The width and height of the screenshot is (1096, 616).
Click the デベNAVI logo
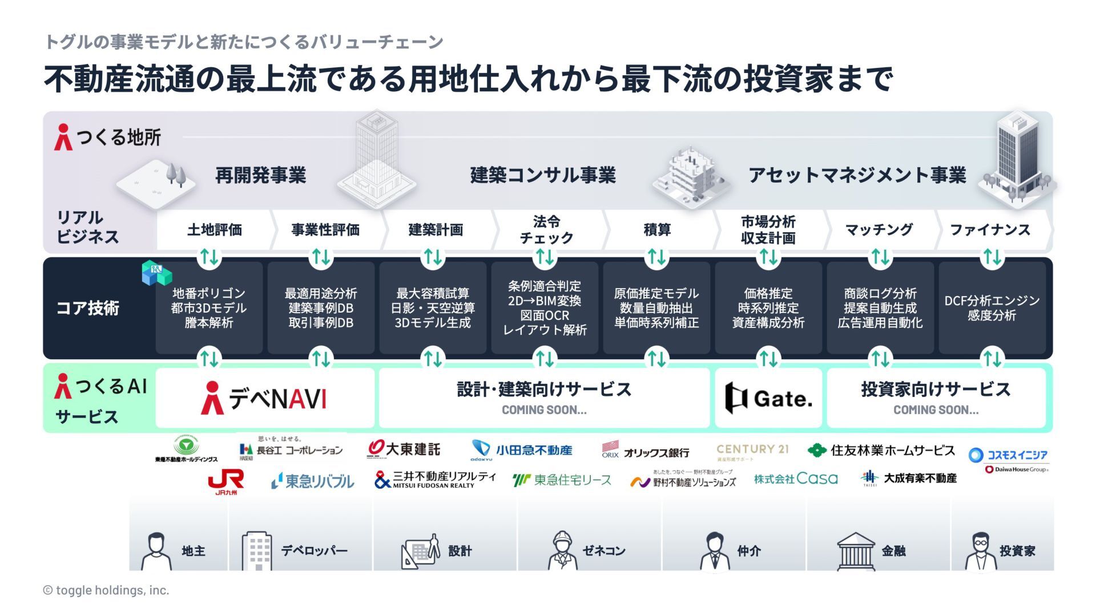[x=264, y=398]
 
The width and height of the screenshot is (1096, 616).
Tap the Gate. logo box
[x=768, y=398]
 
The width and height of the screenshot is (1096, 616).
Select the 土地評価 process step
[x=215, y=230]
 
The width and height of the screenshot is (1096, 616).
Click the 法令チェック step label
[x=546, y=230]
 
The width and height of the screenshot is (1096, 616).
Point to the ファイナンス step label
[x=990, y=230]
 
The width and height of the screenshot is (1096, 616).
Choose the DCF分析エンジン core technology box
[x=992, y=308]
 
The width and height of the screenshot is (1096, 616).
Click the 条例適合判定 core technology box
[x=545, y=308]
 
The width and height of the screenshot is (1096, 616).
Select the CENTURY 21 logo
[x=752, y=451]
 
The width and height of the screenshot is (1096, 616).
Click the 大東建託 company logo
[x=404, y=449]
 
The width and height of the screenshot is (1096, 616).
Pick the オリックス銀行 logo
[x=646, y=451]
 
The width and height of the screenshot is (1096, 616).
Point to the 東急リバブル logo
[x=312, y=481]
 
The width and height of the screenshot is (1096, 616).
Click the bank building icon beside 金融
[x=855, y=551]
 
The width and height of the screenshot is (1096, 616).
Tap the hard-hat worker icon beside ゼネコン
[x=562, y=550]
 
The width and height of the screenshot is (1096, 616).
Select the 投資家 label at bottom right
[x=1017, y=551]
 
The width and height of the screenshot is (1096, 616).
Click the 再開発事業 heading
[x=261, y=175]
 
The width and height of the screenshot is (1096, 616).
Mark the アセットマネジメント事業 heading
[x=857, y=175]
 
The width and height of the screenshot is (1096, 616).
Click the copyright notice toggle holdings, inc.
[x=106, y=590]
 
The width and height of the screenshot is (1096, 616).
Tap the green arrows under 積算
[x=657, y=257]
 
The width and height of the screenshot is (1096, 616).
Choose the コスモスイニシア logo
[x=1009, y=455]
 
